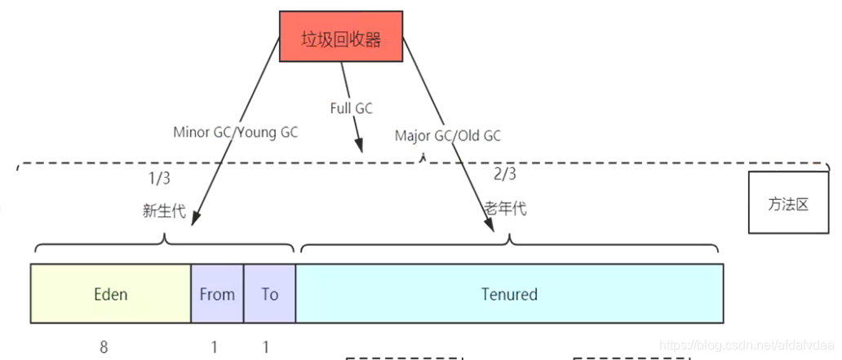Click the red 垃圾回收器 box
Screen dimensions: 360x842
coord(340,37)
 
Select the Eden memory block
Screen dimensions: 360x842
coord(110,294)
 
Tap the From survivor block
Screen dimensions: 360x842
coord(217,294)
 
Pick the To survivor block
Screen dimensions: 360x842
coord(269,294)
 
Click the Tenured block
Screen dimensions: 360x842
coord(509,294)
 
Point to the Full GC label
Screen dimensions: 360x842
coord(352,108)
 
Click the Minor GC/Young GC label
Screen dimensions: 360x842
coord(235,131)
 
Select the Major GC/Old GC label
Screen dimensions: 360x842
coord(448,136)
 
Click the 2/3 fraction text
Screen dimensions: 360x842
coord(505,174)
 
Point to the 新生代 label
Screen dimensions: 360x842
coord(164,211)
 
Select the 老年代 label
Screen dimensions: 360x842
coord(506,208)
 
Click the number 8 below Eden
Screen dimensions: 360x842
coord(104,347)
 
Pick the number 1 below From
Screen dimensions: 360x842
coord(215,347)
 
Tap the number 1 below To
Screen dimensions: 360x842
coord(266,347)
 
